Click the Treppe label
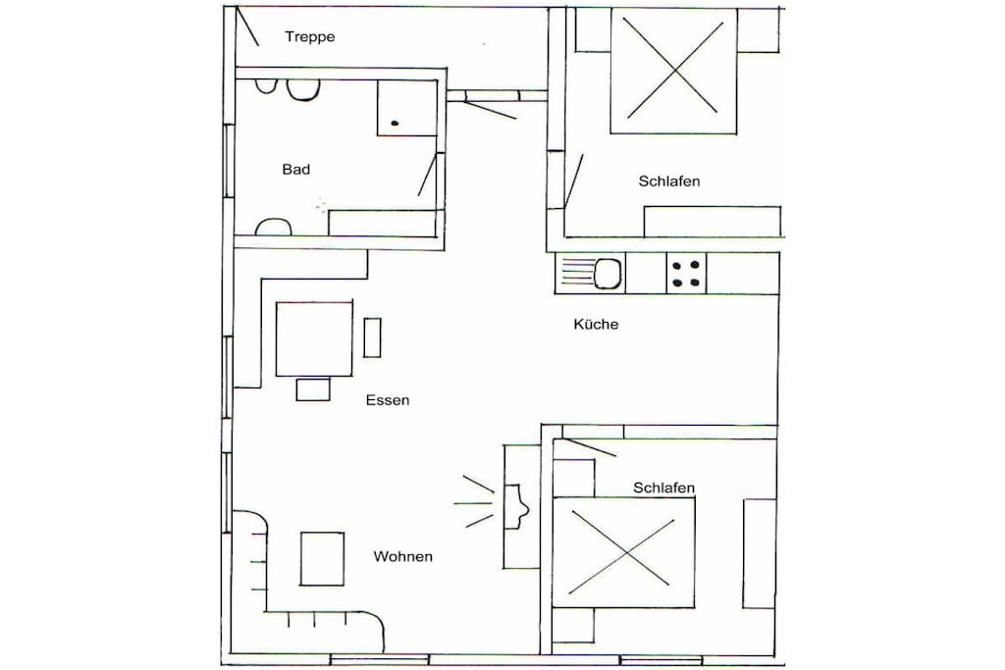point(309,37)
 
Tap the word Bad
point(296,169)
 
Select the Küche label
point(596,324)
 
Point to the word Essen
point(388,400)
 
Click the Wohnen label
point(403,556)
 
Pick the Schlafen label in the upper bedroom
point(669,181)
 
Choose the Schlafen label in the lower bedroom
point(664,489)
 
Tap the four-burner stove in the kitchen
point(686,274)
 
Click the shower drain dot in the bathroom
point(395,123)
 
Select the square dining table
point(314,338)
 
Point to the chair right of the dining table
point(372,336)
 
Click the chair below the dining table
point(313,389)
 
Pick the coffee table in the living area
point(322,558)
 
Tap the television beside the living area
point(516,506)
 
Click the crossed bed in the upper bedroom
point(673,70)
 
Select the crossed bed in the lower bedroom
point(623,552)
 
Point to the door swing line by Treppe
point(247,26)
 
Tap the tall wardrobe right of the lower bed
point(760,553)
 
